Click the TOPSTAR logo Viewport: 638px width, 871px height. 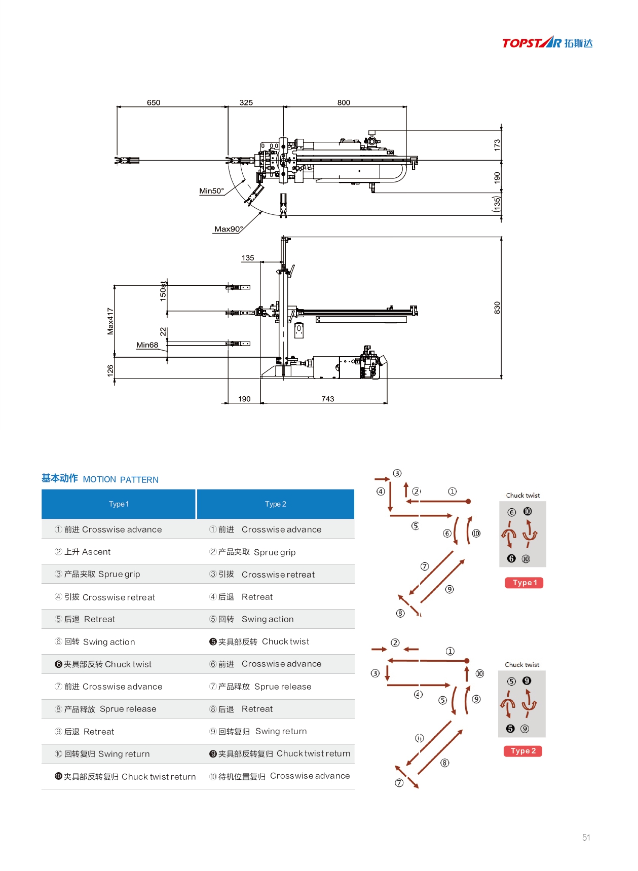[547, 43]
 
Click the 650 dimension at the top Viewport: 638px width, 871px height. [154, 102]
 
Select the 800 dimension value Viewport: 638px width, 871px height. [344, 102]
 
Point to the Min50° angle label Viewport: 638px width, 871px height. [211, 191]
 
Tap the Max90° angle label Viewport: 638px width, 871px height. [229, 229]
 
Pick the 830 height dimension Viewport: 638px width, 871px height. [497, 308]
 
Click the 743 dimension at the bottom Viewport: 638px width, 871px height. [328, 399]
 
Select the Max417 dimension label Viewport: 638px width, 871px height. [110, 321]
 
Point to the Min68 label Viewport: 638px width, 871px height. [147, 345]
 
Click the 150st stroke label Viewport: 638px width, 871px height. [163, 291]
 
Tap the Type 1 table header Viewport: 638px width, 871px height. [119, 504]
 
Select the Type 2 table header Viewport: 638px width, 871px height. [275, 504]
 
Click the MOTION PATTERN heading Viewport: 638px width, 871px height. [121, 480]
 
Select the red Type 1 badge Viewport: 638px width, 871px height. [524, 583]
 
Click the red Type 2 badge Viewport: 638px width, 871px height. [523, 751]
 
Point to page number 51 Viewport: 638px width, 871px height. [586, 838]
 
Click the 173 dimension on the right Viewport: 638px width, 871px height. [497, 145]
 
